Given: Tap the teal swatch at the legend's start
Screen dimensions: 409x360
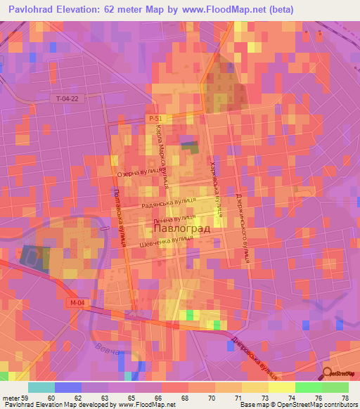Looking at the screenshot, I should point(41,387).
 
